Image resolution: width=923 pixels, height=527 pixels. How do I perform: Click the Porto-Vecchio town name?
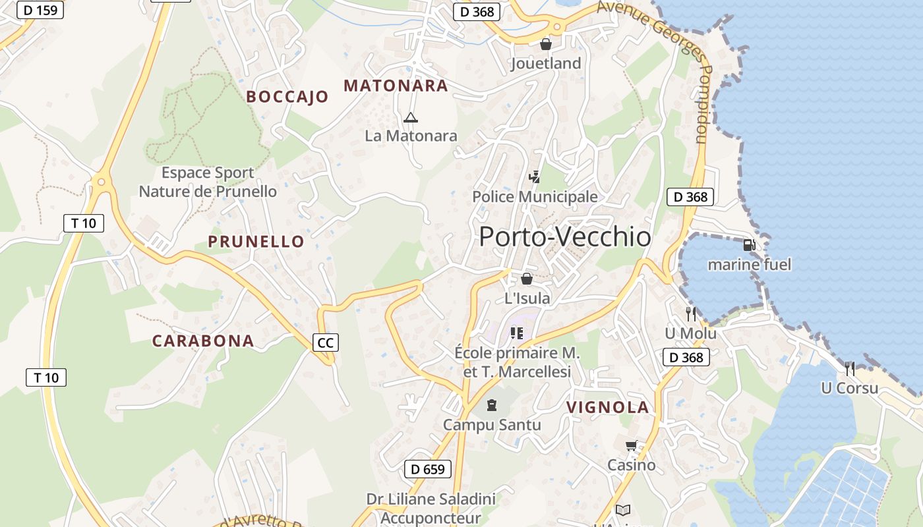[x=565, y=237]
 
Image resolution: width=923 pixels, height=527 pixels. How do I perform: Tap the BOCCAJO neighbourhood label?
[x=287, y=97]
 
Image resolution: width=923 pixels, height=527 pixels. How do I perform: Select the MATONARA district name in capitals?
[x=396, y=86]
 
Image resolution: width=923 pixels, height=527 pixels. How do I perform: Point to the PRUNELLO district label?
[x=256, y=242]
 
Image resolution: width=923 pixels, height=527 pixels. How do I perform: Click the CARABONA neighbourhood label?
[x=203, y=341]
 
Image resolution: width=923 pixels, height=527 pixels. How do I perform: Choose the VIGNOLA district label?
[x=608, y=408]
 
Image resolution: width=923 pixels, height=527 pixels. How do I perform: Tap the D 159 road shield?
[x=40, y=10]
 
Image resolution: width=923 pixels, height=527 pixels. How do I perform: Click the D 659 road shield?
[x=428, y=469]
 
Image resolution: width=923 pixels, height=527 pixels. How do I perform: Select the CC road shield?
[x=326, y=343]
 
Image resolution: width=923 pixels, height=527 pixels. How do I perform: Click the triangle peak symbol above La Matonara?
[x=411, y=118]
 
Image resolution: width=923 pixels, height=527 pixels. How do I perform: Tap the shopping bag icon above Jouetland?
[x=546, y=44]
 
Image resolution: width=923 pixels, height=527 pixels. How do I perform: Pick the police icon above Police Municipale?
[x=535, y=177]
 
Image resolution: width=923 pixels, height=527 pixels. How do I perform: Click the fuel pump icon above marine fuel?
[x=749, y=245]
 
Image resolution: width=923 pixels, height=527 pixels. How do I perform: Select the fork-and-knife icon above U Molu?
[x=690, y=314]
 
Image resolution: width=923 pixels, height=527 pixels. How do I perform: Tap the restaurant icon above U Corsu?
[x=850, y=368]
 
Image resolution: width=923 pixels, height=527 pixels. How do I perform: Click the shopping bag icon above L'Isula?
[x=527, y=279]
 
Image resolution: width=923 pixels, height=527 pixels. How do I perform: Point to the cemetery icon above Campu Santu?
[x=491, y=404]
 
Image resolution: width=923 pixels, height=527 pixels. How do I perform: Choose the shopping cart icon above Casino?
[x=632, y=445]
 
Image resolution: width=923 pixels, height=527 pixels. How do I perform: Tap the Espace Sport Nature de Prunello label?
[x=208, y=182]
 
